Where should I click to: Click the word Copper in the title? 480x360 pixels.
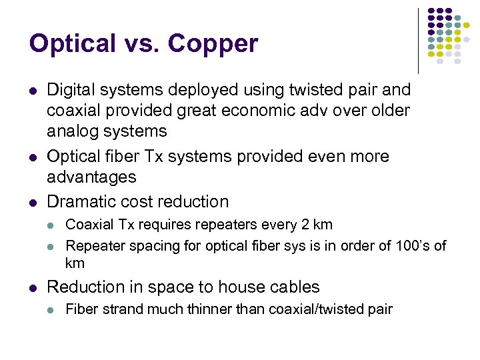[x=213, y=44]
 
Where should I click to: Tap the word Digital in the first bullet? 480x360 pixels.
[x=71, y=90]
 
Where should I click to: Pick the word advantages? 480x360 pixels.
[x=91, y=177]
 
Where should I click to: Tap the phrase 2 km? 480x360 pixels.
[x=315, y=225]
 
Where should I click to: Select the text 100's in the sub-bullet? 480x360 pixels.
[x=413, y=246]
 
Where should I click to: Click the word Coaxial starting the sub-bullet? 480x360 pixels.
[x=89, y=225]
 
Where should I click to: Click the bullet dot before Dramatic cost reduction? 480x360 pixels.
[x=33, y=202]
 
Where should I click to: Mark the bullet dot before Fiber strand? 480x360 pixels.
[x=53, y=309]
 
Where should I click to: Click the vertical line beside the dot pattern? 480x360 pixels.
[x=418, y=40]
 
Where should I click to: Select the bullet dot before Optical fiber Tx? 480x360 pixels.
[x=33, y=157]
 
